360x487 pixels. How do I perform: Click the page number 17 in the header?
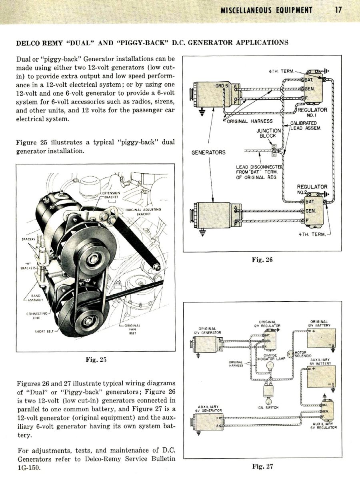tap(338, 10)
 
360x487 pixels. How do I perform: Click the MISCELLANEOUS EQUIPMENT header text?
tap(266, 10)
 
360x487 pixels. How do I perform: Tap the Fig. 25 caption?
tap(96, 360)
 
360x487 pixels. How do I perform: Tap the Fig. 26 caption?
tap(262, 260)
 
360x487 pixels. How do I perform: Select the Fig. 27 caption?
tap(262, 466)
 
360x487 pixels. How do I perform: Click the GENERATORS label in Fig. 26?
tap(208, 152)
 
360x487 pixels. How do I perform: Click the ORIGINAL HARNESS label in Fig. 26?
tap(250, 121)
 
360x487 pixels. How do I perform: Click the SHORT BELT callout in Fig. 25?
tap(44, 331)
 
